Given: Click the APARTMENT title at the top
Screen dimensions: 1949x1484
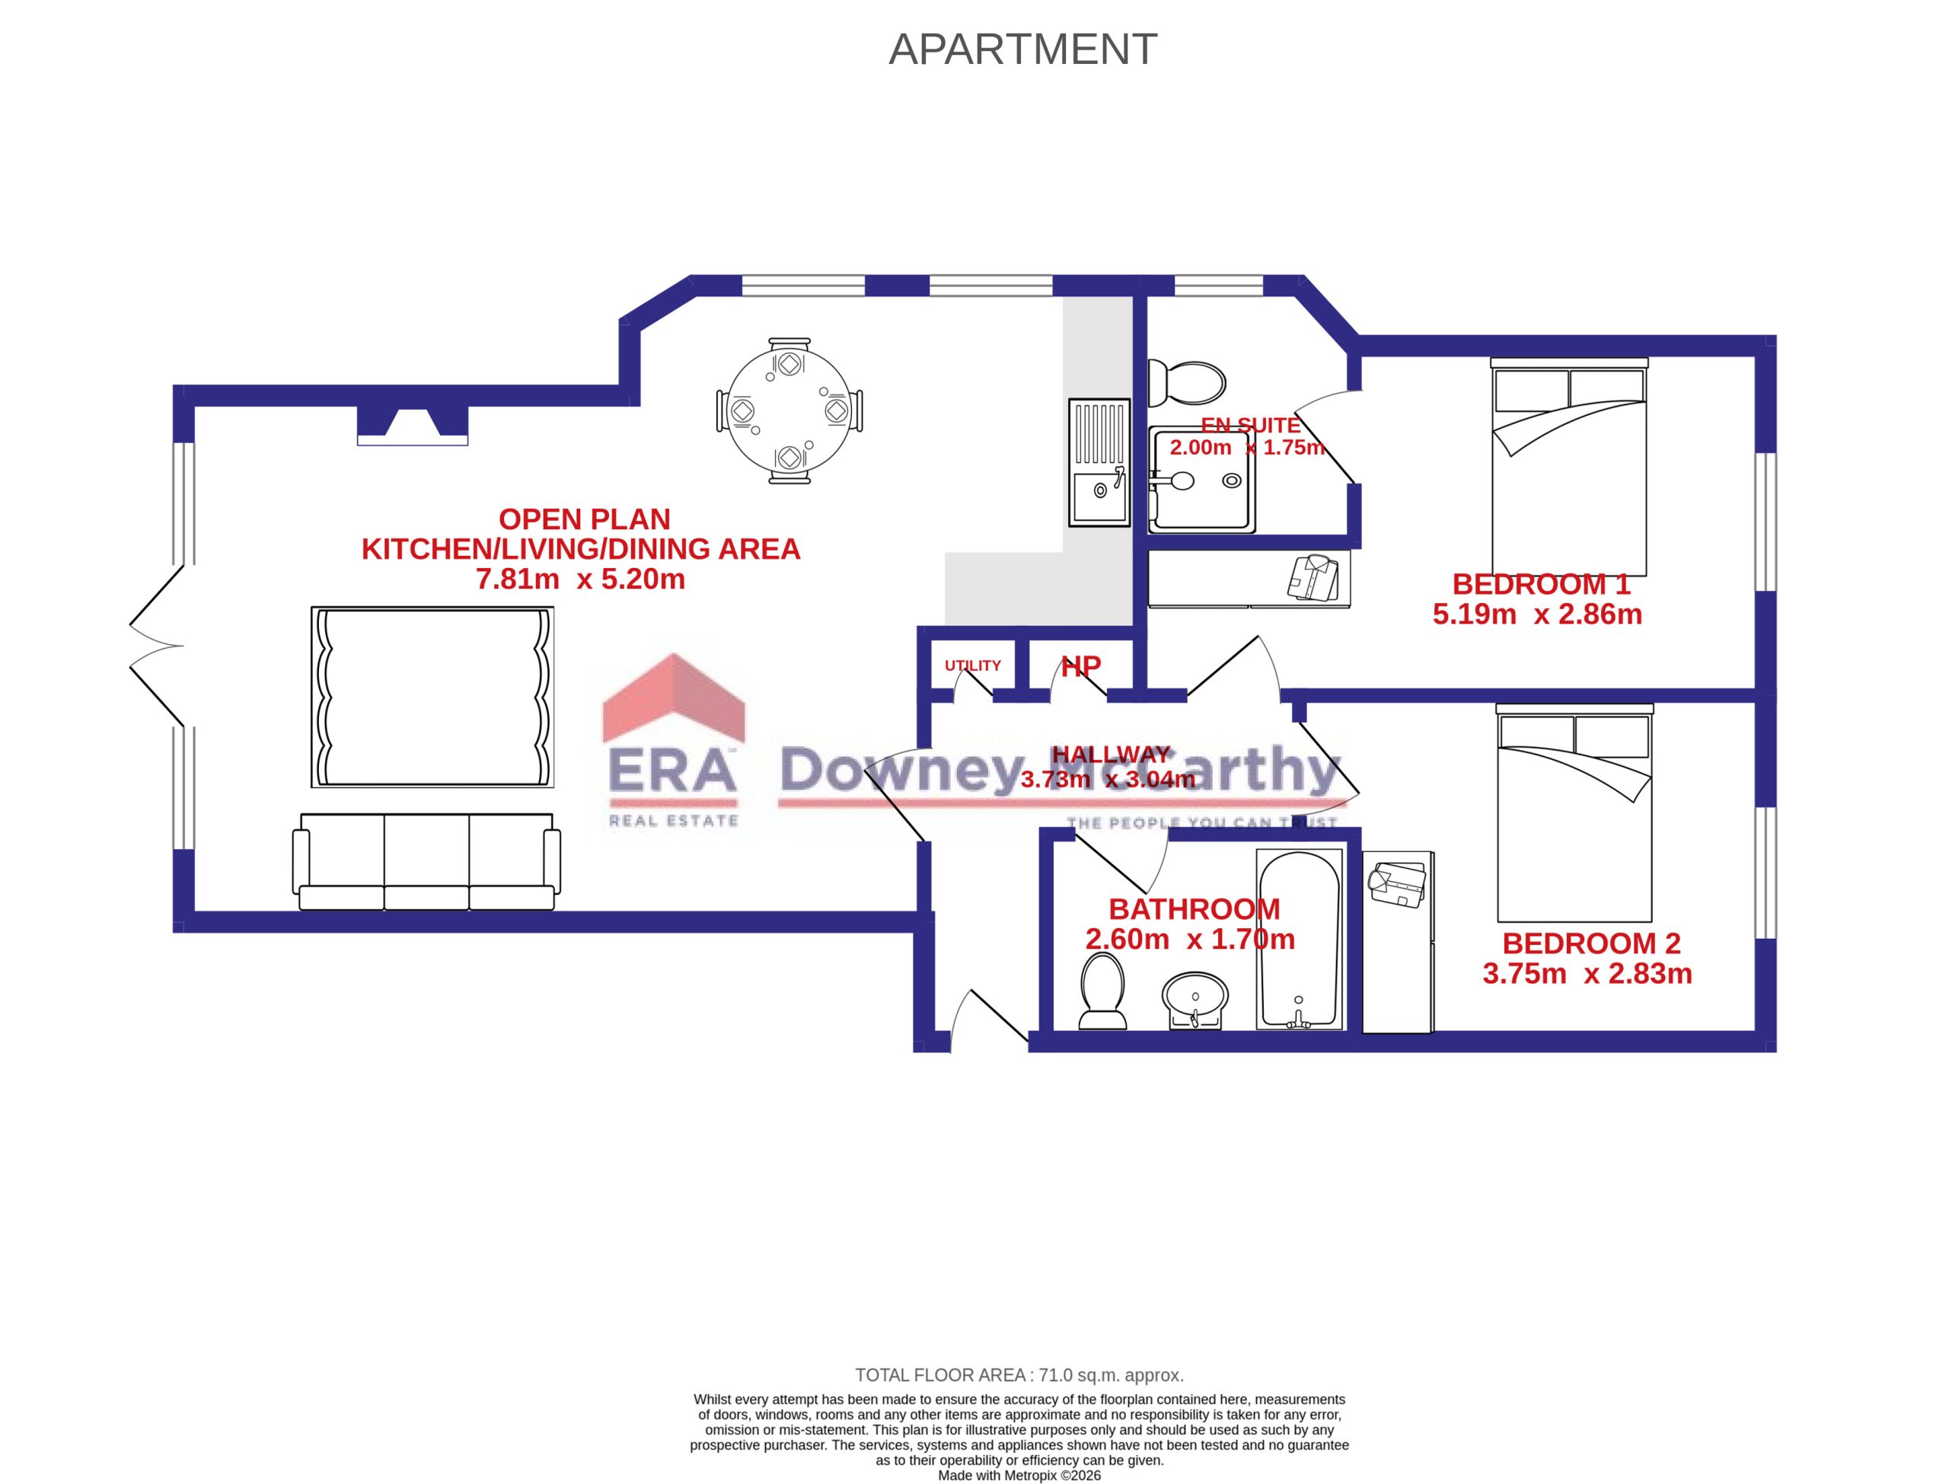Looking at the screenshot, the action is pyautogui.click(x=1022, y=49).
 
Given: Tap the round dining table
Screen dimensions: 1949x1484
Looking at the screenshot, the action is pyautogui.click(x=789, y=410).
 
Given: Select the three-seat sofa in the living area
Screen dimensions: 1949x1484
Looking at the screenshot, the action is pyautogui.click(x=426, y=861).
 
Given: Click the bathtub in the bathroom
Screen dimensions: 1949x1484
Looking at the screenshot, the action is pyautogui.click(x=1299, y=939).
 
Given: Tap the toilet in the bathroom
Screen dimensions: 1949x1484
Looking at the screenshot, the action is pyautogui.click(x=1102, y=993).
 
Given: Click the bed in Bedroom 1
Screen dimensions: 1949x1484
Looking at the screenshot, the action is pyautogui.click(x=1568, y=468).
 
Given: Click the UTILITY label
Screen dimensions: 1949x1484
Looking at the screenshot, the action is pyautogui.click(x=972, y=666).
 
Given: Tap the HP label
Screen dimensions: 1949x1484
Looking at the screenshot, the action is pyautogui.click(x=1081, y=667).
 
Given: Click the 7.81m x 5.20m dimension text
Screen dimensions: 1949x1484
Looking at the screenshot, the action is pyautogui.click(x=580, y=579).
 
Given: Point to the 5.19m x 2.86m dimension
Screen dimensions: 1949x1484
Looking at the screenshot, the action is pyautogui.click(x=1536, y=614).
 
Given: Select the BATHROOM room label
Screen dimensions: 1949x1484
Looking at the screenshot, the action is pyautogui.click(x=1194, y=909).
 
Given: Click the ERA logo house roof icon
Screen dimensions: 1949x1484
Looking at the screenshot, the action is pyautogui.click(x=673, y=697).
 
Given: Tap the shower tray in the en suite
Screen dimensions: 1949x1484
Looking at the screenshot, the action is pyautogui.click(x=1202, y=480).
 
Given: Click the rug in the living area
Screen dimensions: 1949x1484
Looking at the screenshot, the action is pyautogui.click(x=432, y=697).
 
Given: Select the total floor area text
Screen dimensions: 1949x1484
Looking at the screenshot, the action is pyautogui.click(x=1019, y=1375).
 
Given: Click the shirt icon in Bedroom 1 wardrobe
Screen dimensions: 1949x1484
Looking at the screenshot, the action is pyautogui.click(x=1313, y=578).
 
